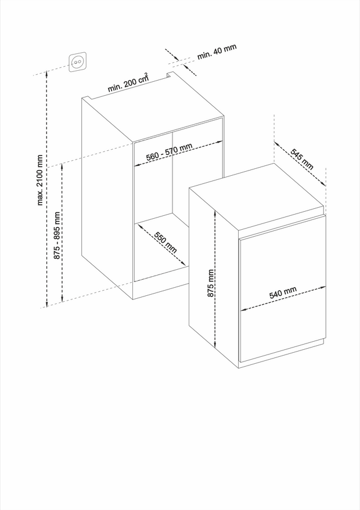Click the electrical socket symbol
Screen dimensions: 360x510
77,62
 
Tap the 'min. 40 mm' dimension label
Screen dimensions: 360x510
217,52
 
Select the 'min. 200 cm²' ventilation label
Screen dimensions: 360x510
128,82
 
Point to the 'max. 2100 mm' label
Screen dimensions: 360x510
39,180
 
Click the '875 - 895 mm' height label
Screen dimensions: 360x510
57,236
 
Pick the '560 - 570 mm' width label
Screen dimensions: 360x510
169,152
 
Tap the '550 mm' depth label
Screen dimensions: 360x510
165,243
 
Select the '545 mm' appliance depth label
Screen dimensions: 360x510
302,159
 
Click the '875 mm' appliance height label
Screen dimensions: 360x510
211,283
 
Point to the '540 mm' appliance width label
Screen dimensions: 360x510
283,293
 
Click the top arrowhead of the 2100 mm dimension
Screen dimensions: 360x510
47,73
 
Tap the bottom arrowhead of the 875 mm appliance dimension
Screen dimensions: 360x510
215,346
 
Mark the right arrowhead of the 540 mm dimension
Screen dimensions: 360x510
323,287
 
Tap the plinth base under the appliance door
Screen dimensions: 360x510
282,353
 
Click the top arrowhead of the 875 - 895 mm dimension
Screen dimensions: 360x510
62,166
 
